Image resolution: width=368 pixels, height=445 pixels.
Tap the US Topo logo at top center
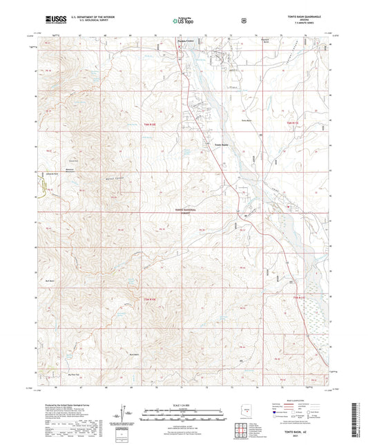[x=184, y=21]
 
